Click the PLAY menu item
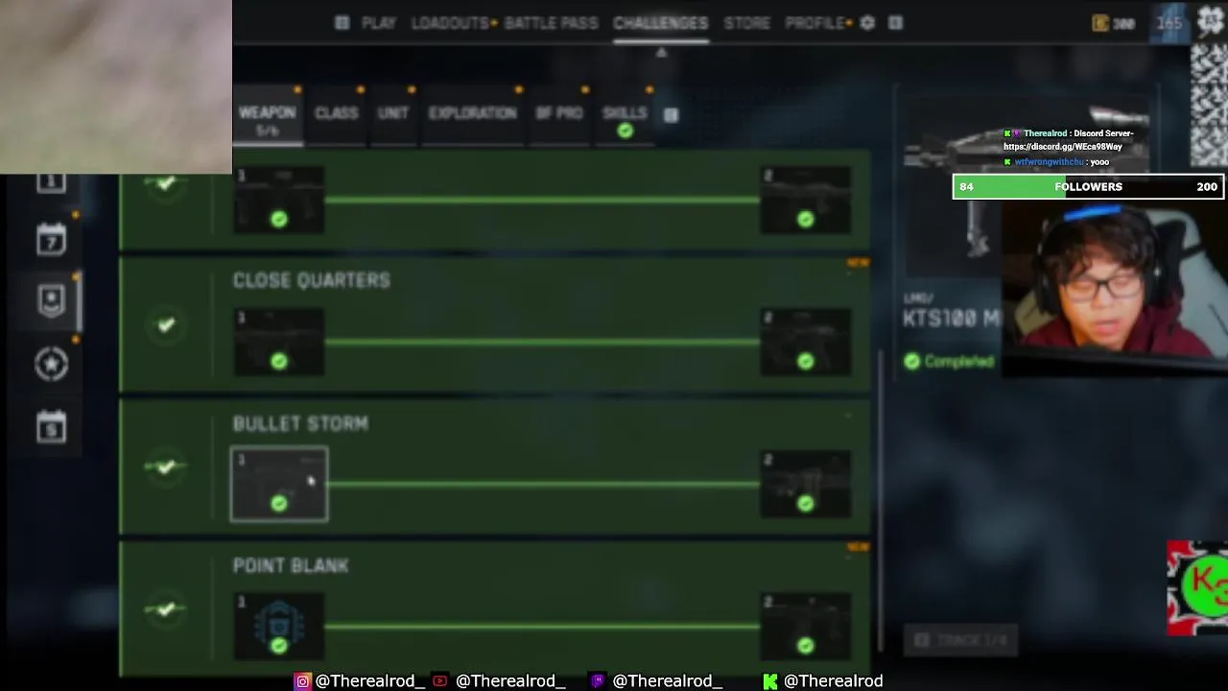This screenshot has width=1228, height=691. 378,23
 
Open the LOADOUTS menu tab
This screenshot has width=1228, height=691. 450,23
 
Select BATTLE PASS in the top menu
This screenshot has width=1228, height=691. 551,23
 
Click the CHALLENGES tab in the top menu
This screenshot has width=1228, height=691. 660,23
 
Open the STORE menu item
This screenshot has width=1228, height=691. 746,23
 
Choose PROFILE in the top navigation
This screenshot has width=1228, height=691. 815,23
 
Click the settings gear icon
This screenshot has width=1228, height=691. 867,23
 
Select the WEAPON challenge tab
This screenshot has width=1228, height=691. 267,113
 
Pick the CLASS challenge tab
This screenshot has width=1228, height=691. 336,113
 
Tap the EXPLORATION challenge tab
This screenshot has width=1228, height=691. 472,113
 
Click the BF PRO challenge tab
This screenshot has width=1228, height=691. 558,113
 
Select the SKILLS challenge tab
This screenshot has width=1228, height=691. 625,113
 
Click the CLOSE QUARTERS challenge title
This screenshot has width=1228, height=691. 311,280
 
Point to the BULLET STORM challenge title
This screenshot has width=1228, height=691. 299,423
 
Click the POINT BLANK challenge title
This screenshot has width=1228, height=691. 290,566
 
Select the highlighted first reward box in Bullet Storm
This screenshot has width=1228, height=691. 278,485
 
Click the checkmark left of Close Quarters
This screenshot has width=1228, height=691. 166,325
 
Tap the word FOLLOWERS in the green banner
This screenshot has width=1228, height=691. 1088,187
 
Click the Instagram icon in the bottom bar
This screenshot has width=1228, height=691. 302,680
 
